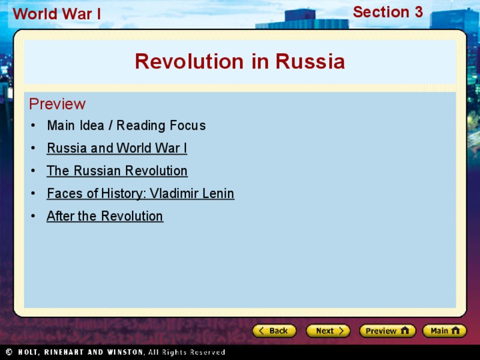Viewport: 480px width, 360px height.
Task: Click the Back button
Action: (x=274, y=331)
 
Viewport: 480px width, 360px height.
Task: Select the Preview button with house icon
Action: (x=387, y=331)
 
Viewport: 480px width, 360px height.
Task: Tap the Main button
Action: (x=444, y=331)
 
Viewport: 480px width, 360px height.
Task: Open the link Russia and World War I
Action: (x=117, y=148)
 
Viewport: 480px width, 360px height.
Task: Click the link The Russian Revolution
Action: (x=117, y=171)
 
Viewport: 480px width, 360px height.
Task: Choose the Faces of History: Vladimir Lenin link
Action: (x=140, y=194)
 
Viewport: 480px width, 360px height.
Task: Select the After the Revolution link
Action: (x=105, y=217)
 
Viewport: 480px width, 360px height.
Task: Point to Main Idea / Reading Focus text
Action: (x=126, y=126)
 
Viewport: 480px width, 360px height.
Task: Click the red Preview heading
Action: (x=57, y=104)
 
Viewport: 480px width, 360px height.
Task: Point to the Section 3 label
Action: (x=388, y=12)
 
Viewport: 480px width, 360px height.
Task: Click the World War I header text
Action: (x=57, y=14)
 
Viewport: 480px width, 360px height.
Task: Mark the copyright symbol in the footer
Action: (x=9, y=352)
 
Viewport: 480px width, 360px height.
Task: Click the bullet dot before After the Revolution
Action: (x=33, y=217)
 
